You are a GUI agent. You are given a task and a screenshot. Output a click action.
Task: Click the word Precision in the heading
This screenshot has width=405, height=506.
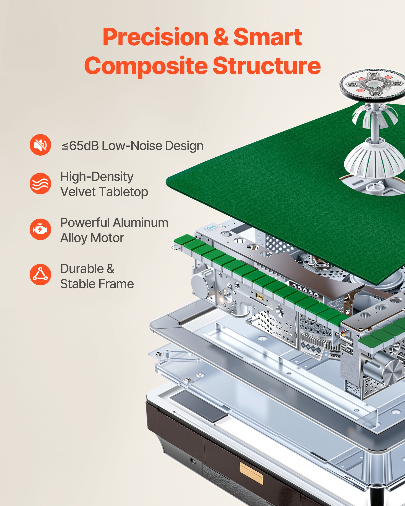[155, 37]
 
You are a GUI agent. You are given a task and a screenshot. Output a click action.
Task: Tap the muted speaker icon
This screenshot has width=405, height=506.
[40, 145]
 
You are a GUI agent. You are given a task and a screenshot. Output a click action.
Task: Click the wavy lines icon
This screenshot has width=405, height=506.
[40, 183]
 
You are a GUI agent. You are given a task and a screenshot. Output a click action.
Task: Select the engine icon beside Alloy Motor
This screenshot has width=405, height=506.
[40, 229]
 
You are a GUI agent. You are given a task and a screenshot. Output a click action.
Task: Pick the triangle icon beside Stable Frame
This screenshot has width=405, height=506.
[40, 275]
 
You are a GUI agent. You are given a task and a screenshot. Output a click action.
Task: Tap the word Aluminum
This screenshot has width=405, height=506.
[140, 223]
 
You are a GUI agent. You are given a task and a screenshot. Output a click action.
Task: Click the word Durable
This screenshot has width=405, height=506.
[82, 269]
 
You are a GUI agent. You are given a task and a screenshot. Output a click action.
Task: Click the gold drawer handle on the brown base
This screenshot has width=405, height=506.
[251, 473]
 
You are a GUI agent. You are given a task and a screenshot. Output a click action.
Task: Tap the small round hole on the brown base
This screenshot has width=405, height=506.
[193, 461]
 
